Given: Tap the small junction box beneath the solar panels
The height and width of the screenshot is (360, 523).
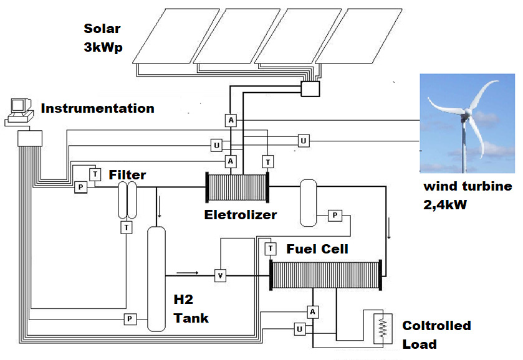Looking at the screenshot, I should [309, 89].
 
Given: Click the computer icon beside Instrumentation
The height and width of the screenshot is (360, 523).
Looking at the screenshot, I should [19, 111].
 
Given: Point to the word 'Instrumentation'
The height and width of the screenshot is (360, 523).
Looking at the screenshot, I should [97, 108].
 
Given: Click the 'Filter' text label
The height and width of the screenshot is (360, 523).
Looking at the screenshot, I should [127, 175].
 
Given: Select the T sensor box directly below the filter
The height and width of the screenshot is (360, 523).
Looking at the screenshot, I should [127, 227].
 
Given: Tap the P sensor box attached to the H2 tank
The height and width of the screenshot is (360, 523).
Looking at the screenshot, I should [130, 319].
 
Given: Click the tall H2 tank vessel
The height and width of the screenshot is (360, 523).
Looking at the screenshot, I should [156, 277].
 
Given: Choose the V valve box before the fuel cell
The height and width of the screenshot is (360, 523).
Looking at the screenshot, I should [219, 275].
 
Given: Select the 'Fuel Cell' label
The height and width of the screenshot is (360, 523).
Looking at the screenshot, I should [317, 249].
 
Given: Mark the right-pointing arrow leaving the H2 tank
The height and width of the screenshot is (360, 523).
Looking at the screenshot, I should [187, 272].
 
